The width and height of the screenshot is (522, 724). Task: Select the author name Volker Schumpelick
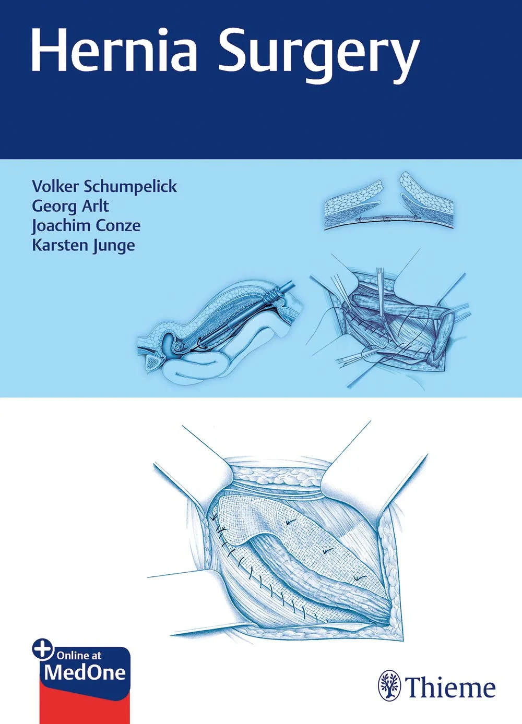tap(104, 186)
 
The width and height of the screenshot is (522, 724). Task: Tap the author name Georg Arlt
tap(70, 206)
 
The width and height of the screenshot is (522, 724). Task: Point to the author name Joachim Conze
tap(86, 225)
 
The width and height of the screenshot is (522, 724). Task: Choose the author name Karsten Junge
tap(84, 245)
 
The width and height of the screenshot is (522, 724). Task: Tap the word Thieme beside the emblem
tap(450, 687)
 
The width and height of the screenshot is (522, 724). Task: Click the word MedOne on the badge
tap(85, 672)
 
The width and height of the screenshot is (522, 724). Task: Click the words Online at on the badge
tap(79, 656)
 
